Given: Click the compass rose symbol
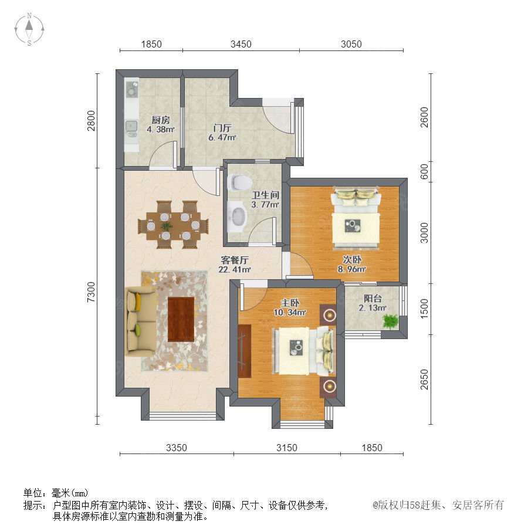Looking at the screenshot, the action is pos(29,29).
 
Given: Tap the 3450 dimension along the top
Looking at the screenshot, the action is pos(241,44).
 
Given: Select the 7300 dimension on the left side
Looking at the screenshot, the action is pos(92,292).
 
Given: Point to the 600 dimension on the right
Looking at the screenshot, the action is pos(424,171).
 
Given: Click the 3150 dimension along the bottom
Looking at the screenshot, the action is pos(286,448).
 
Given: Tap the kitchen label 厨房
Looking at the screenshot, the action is pos(161,120).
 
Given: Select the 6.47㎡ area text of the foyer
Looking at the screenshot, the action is pos(222,137).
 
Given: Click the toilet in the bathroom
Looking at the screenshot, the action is pos(240,182).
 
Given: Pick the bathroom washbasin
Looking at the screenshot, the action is pos(238,216).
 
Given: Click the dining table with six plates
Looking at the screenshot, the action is pos(173,225).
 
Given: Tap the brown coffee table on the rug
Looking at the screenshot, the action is pos(181,319).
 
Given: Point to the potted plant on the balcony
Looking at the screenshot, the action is pos(390,320).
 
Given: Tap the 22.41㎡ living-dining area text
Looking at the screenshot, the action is pos(235,269).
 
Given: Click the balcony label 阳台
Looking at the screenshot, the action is pos(373,299).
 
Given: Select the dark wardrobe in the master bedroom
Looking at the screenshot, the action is pos(245,351).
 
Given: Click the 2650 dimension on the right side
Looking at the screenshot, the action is pos(424,380).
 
